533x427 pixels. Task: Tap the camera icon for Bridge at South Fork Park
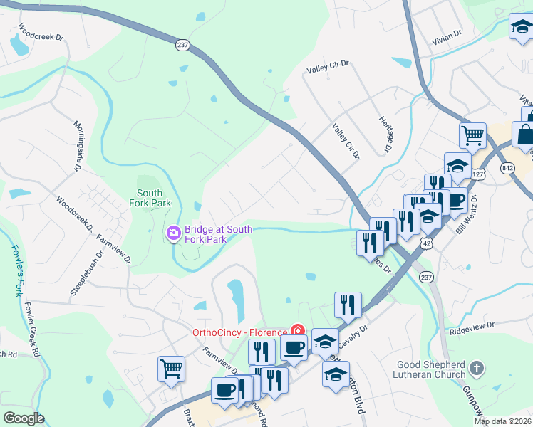[173, 233]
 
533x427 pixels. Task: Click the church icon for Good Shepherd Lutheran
[477, 369]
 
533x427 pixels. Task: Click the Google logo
[24, 418]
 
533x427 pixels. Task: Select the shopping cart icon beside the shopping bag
[472, 134]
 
